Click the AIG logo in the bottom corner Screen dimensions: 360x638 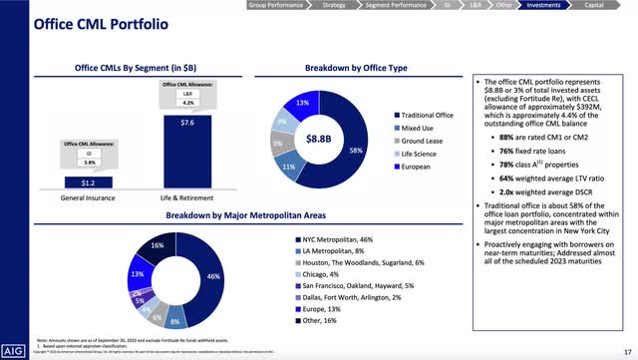click(14, 349)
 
